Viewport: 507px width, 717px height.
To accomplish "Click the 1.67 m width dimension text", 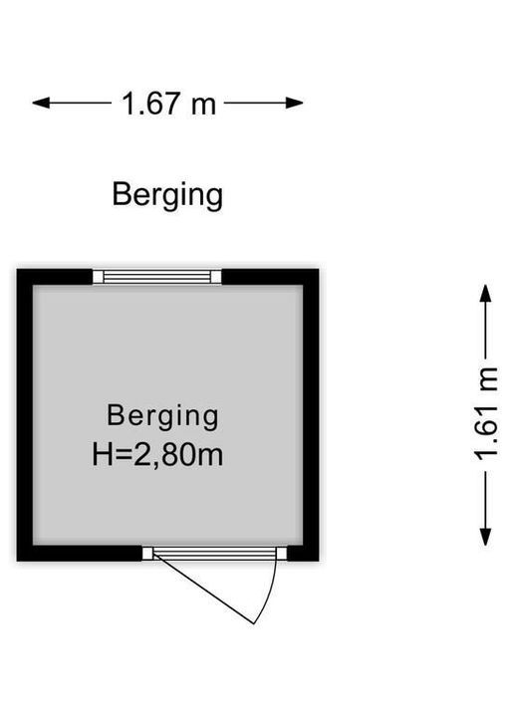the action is (168, 104).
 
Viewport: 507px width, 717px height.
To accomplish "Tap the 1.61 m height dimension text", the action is (485, 414).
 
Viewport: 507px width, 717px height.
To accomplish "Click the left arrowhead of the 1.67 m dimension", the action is (41, 103).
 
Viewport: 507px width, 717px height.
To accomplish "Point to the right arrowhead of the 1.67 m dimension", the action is (295, 103).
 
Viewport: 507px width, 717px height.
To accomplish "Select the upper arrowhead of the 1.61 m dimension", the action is (485, 293).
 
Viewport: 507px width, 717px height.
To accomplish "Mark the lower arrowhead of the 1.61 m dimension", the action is (485, 537).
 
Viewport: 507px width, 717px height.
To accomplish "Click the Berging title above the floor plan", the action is (167, 195).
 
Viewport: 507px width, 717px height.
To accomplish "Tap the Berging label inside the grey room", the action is (162, 416).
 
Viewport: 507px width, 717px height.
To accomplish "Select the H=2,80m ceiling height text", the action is (157, 455).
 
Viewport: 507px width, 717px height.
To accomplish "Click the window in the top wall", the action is (157, 277).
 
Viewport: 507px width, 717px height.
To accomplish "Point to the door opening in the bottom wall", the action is (214, 554).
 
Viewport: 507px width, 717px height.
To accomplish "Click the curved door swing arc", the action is (270, 590).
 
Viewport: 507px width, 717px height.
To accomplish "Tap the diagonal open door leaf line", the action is (203, 589).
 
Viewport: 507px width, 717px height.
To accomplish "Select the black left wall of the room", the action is (25, 414).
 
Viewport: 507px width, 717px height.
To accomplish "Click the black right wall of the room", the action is (311, 414).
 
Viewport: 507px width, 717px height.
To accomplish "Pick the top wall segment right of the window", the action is (270, 277).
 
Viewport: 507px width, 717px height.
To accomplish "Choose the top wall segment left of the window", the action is (55, 277).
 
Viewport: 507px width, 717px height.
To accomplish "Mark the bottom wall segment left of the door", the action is (79, 554).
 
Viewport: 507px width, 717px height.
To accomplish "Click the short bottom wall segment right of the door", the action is (303, 554).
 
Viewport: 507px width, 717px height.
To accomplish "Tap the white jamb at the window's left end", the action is (98, 277).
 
